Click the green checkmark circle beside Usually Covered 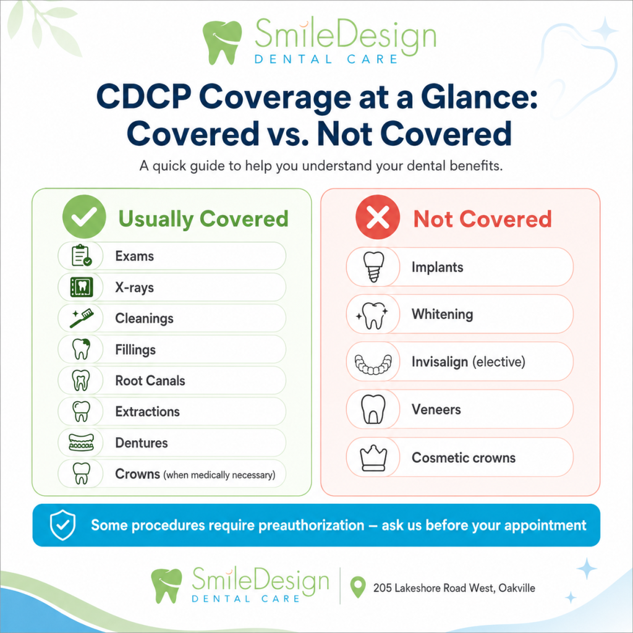(84, 216)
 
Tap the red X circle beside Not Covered (378, 217)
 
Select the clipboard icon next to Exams (82, 255)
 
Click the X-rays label (134, 287)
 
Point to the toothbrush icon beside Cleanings (82, 318)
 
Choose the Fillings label (135, 350)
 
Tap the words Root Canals (150, 380)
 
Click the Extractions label (147, 411)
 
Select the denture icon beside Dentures (81, 443)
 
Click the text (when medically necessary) (219, 475)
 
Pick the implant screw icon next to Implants (374, 267)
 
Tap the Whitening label (442, 314)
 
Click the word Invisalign (440, 362)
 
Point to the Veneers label (436, 409)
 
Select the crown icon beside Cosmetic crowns (373, 458)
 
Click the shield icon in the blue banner (62, 525)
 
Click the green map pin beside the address (358, 587)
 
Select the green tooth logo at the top (222, 42)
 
